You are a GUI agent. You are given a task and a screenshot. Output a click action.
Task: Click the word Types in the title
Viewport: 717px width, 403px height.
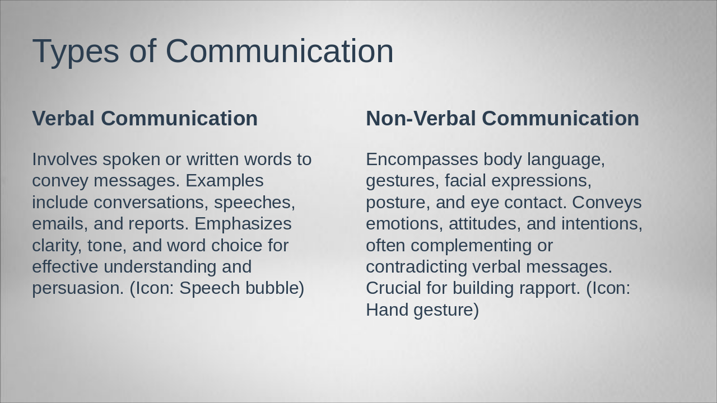[x=76, y=51]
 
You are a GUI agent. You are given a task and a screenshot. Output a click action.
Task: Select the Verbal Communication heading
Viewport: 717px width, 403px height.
[x=145, y=119]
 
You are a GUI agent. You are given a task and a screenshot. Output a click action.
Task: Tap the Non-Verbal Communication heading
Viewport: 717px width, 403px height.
[x=502, y=119]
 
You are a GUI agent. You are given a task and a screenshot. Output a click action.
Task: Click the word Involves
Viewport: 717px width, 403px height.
[x=64, y=160]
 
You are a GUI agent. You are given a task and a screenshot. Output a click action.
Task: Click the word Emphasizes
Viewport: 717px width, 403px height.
[x=243, y=224]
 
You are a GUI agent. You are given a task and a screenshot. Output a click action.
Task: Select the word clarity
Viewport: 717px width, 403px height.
[x=57, y=246]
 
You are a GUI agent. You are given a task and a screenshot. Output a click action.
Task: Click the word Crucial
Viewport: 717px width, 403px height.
[x=393, y=288]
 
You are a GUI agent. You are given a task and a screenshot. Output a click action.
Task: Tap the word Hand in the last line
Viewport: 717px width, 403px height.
[x=387, y=310]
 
